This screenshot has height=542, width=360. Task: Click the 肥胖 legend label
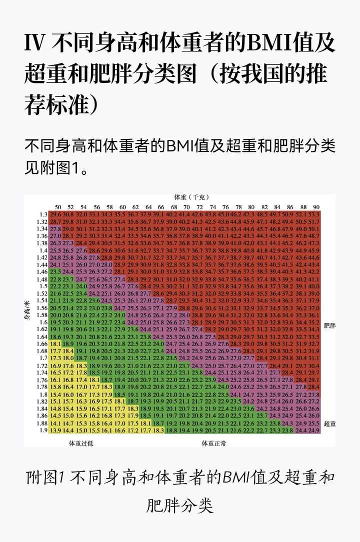(329, 325)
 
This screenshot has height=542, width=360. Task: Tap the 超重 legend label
(329, 424)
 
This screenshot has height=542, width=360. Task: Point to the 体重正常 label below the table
(213, 443)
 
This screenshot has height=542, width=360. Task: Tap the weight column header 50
(57, 207)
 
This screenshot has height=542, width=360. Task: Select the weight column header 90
(316, 207)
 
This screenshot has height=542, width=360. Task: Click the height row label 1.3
(44, 215)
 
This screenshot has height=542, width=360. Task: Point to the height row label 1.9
(44, 431)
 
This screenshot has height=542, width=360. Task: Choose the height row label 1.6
(44, 323)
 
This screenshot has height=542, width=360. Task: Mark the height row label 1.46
(43, 272)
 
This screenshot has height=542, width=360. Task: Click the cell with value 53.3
(314, 215)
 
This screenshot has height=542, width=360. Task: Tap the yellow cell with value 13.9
(55, 431)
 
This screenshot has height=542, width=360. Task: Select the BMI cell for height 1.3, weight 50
(55, 215)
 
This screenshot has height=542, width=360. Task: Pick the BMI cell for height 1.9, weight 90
(314, 431)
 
